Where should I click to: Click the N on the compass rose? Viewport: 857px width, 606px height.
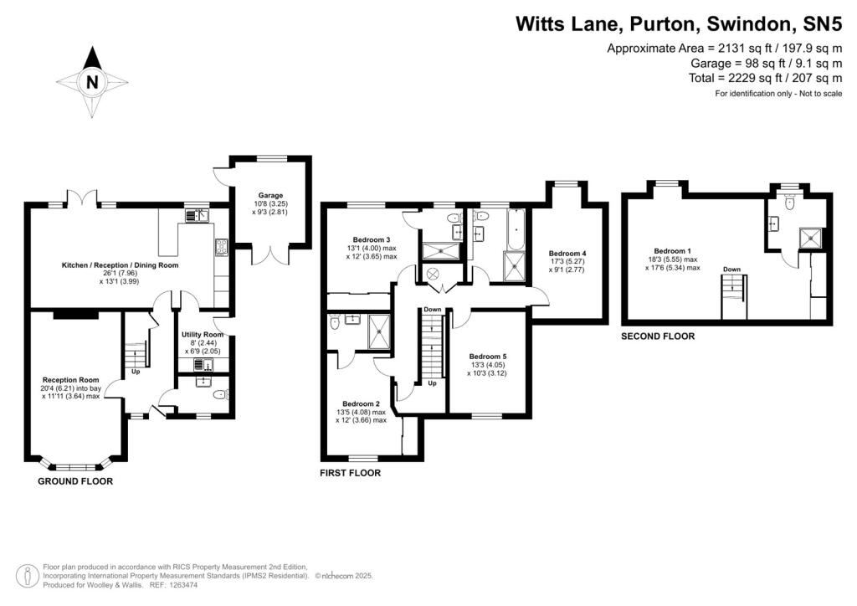[92, 82]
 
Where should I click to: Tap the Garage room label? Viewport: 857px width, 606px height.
[270, 195]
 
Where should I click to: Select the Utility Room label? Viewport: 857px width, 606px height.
[203, 335]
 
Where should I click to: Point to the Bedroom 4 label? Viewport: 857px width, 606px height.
[567, 254]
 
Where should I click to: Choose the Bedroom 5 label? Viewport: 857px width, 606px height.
[488, 357]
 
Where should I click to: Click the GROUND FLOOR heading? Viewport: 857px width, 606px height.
[75, 481]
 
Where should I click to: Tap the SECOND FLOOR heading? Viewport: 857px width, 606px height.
[658, 336]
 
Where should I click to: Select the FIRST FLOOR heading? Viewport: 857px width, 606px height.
[351, 473]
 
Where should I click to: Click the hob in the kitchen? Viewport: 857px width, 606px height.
[222, 247]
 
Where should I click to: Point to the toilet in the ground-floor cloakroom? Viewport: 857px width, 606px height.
[221, 394]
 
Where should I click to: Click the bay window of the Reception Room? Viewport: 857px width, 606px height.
[76, 465]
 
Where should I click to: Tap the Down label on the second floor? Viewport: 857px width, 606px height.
[731, 270]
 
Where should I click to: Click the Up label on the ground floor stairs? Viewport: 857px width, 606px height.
[136, 372]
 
